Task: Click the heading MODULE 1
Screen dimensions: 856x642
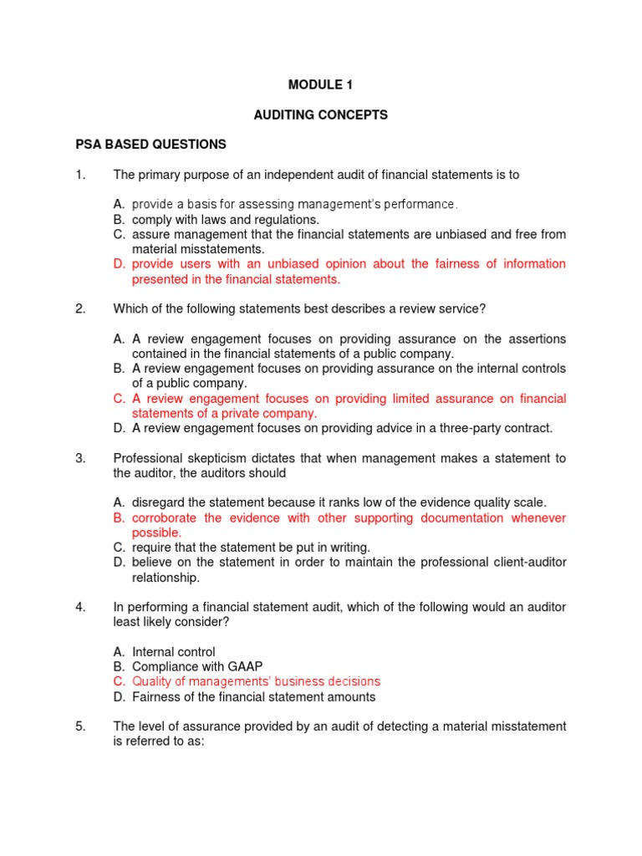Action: click(x=315, y=85)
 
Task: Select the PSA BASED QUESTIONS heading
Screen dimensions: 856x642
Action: click(x=150, y=145)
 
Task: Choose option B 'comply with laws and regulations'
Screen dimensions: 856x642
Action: click(x=226, y=219)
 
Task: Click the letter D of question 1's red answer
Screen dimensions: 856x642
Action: click(x=118, y=264)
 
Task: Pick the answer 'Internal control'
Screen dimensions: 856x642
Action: click(x=173, y=652)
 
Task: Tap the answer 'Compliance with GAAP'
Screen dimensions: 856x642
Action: click(x=196, y=667)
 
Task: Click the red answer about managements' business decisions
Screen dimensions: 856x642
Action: click(x=256, y=682)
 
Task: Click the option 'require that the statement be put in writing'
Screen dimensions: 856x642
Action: click(x=251, y=548)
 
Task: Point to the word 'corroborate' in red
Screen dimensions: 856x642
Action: click(x=166, y=518)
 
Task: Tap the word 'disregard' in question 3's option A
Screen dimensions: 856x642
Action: click(x=158, y=502)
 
